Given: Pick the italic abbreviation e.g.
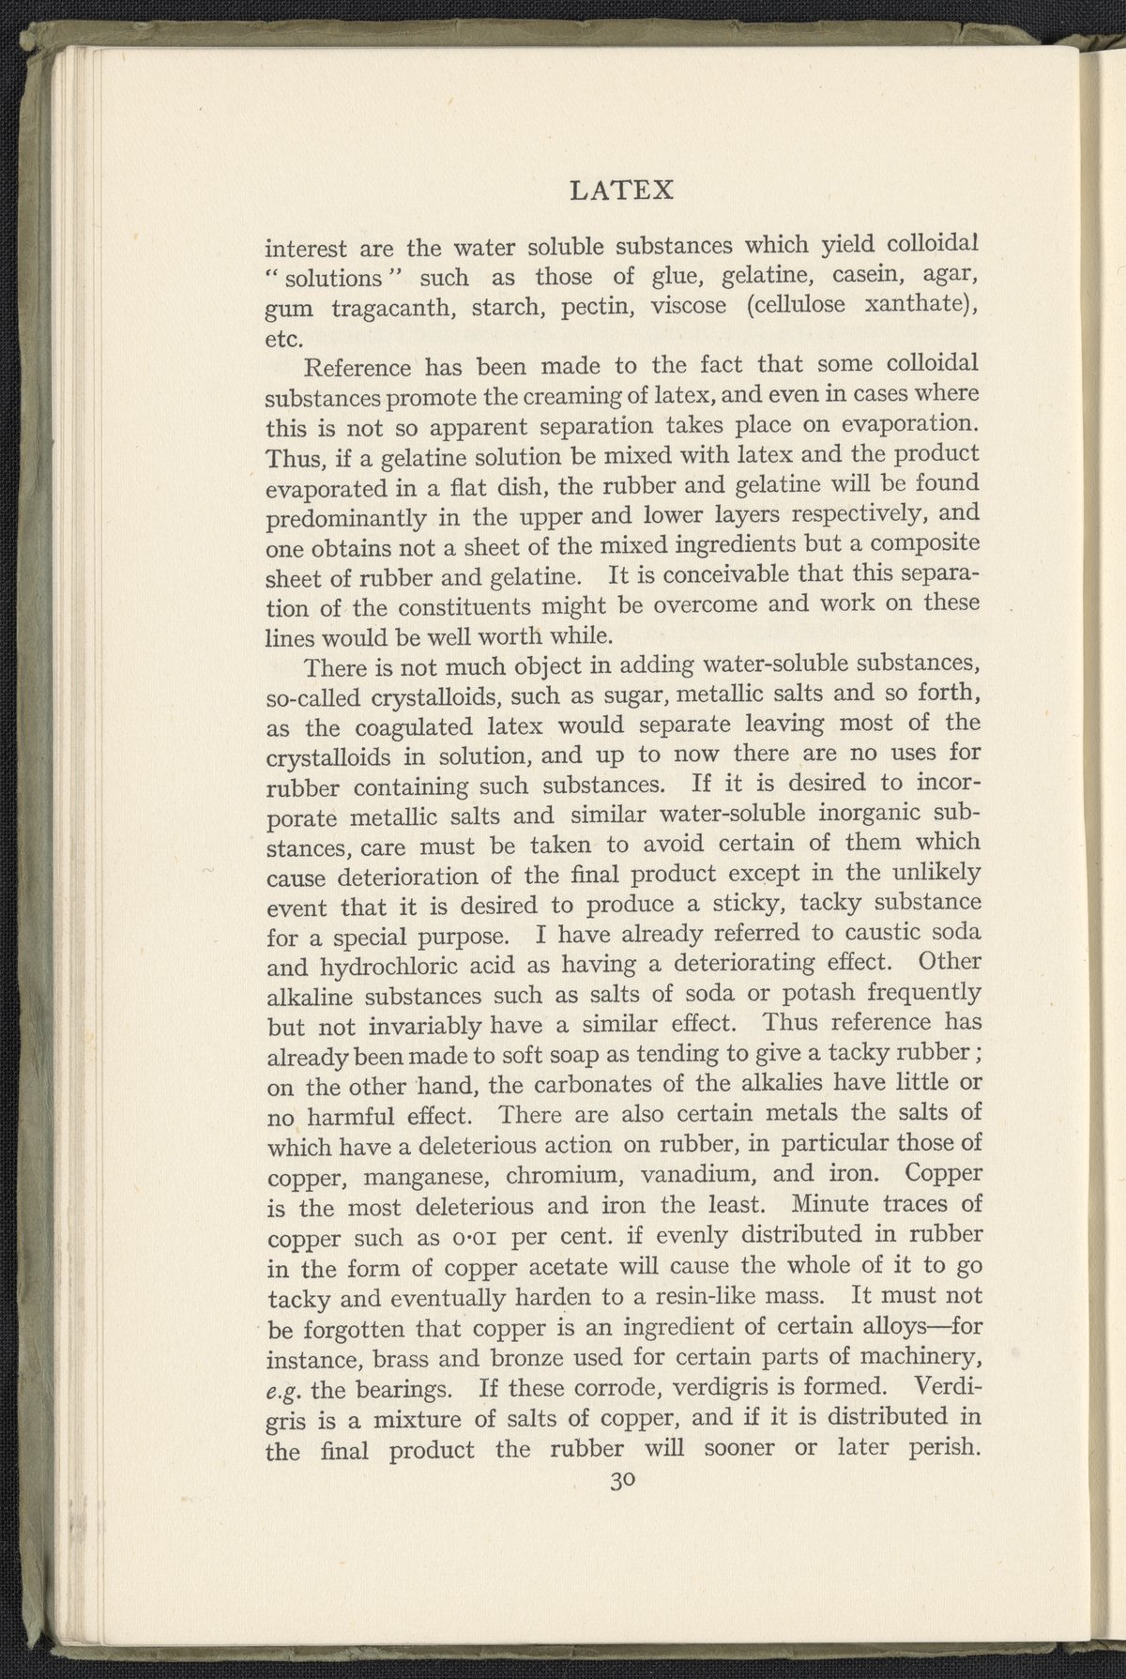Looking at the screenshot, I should click(281, 1389).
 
